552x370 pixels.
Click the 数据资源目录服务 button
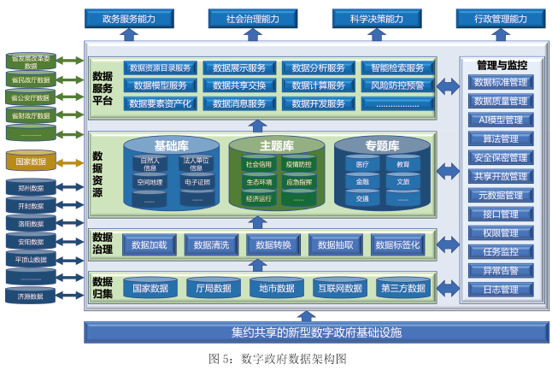pyautogui.click(x=161, y=68)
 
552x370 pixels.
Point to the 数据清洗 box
pyautogui.click(x=211, y=245)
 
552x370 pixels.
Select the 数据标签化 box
pyautogui.click(x=397, y=245)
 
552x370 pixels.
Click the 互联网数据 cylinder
pyautogui.click(x=341, y=288)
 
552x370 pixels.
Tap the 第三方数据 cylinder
pyautogui.click(x=402, y=288)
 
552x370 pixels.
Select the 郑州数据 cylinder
pyautogui.click(x=31, y=187)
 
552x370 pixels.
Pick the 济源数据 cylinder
pyautogui.click(x=31, y=296)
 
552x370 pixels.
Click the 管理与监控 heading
pyautogui.click(x=502, y=65)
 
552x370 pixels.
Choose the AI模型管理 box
pyautogui.click(x=501, y=120)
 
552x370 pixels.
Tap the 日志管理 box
pyautogui.click(x=501, y=290)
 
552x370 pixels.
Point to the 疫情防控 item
pyautogui.click(x=298, y=163)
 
